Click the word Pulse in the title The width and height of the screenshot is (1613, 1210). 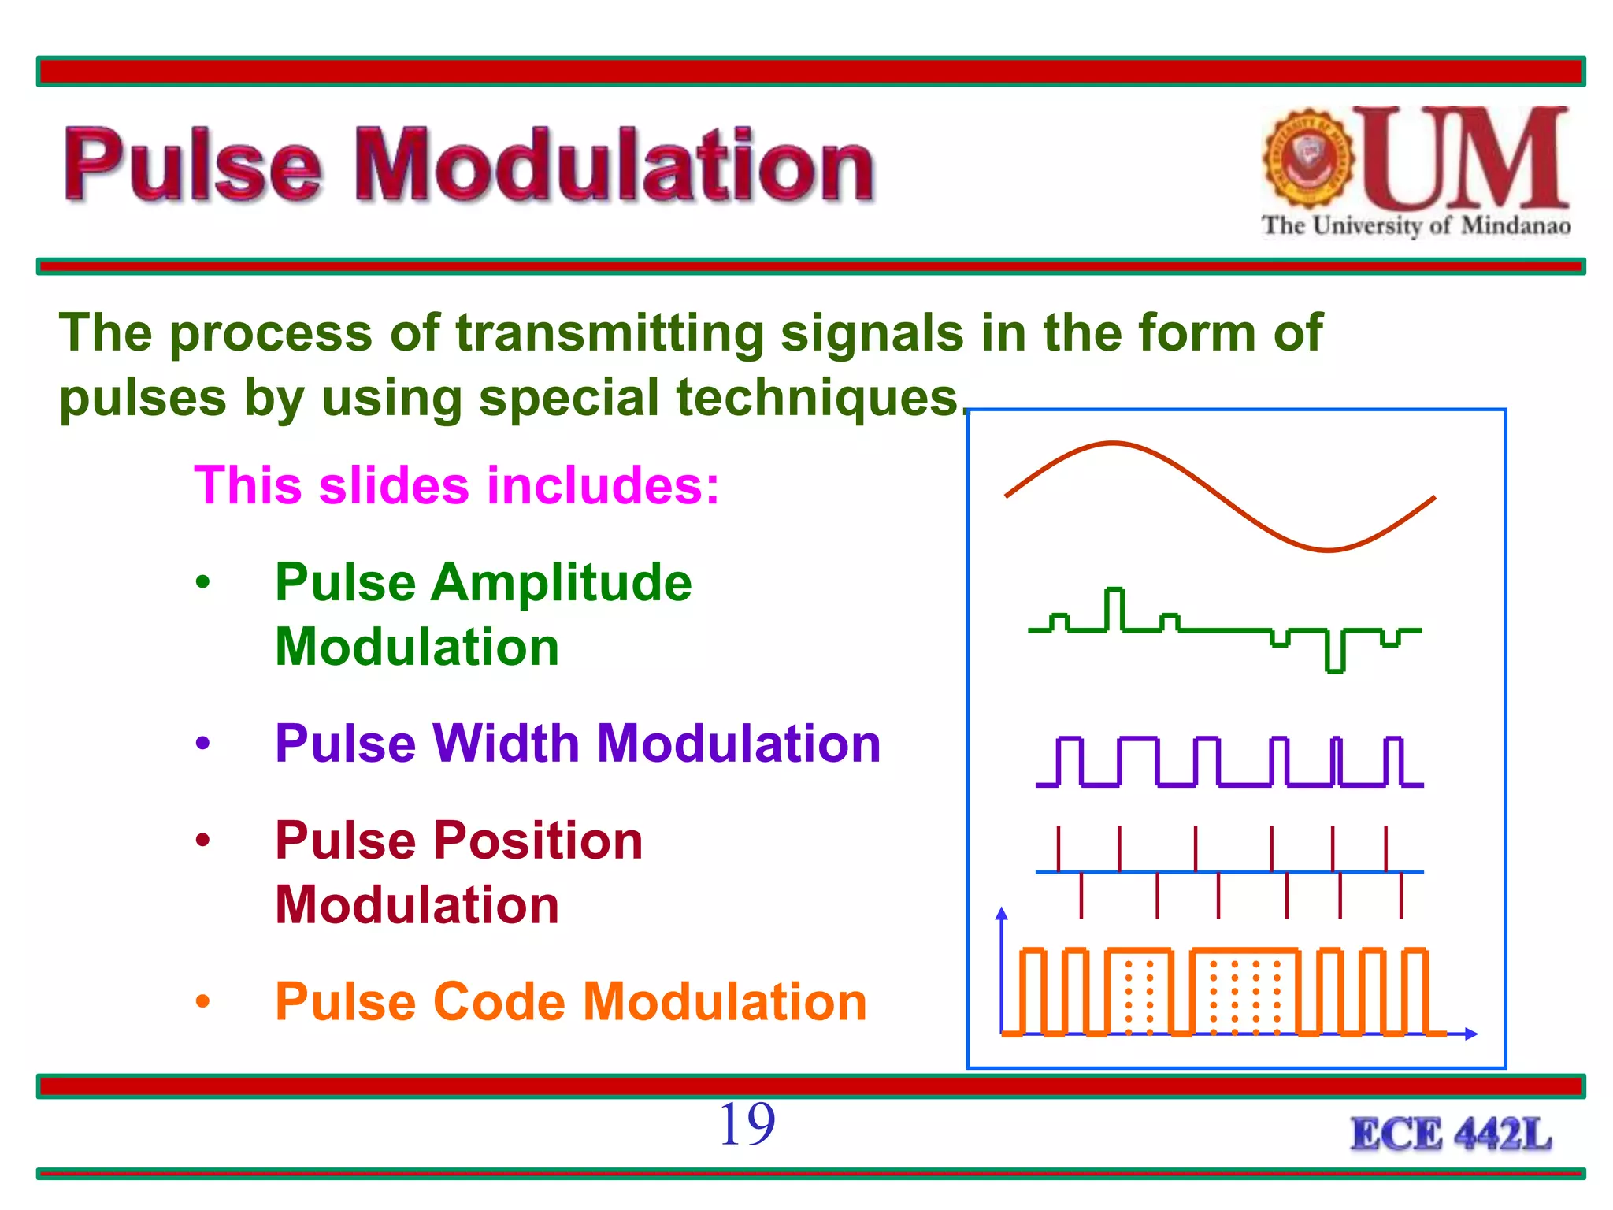coord(193,165)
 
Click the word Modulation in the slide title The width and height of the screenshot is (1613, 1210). coord(614,165)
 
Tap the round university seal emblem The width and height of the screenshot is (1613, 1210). coord(1308,158)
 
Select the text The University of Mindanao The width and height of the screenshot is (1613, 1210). coord(1415,226)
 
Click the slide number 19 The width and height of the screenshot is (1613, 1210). coord(747,1124)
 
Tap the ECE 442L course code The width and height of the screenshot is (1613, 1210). coord(1451,1135)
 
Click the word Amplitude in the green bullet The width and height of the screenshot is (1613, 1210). coord(561,584)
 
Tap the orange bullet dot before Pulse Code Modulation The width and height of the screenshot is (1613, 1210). coord(203,1002)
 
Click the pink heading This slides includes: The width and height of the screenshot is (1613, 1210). coord(457,485)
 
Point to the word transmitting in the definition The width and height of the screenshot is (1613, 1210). coord(610,333)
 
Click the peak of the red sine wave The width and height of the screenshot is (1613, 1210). coord(1112,444)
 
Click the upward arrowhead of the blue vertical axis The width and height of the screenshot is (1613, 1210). coord(1002,914)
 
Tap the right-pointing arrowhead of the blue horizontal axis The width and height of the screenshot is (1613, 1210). coord(1470,1034)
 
